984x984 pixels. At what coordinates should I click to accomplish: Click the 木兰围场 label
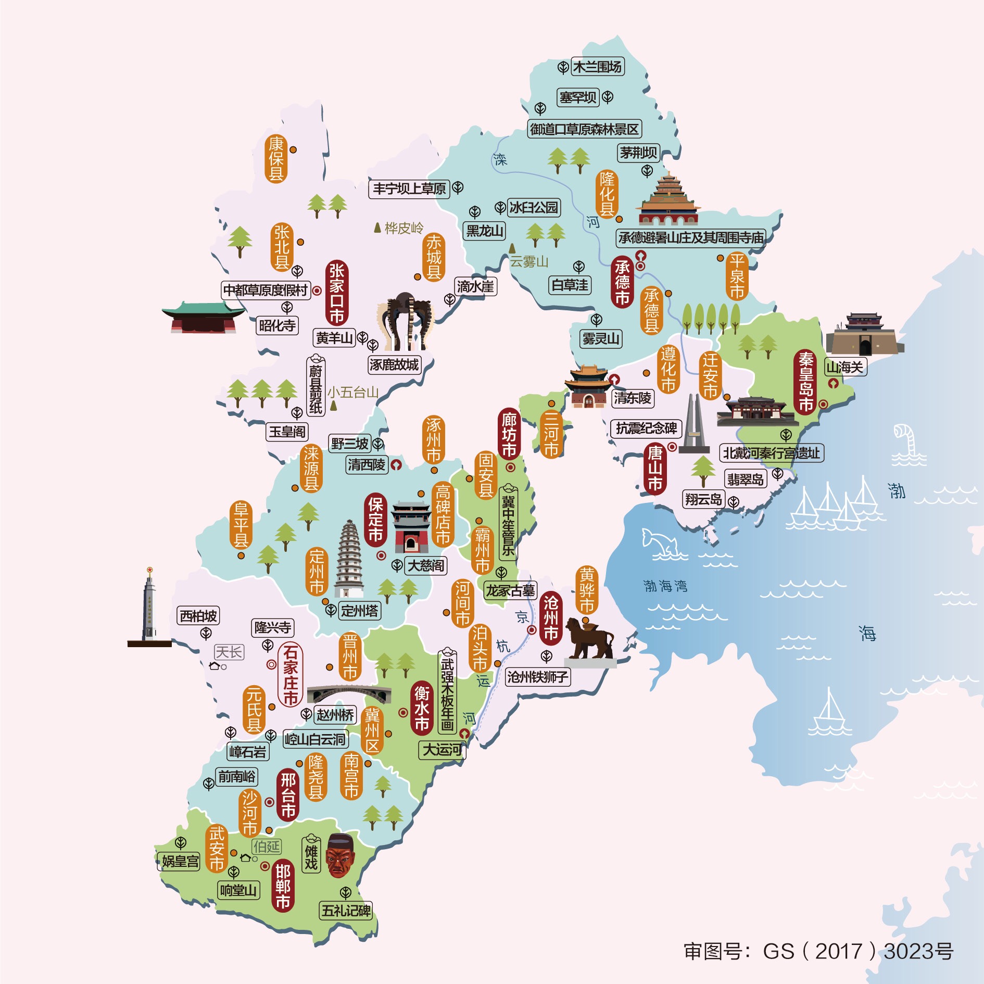[597, 67]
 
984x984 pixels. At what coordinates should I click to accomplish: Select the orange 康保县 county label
[276, 159]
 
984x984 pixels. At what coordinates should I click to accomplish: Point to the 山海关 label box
[844, 367]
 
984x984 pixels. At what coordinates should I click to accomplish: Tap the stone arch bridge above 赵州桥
[349, 694]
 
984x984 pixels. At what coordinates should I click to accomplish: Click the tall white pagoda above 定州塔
[349, 560]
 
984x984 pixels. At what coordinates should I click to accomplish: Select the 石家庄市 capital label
[290, 675]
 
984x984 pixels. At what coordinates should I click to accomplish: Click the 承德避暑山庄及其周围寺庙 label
[691, 238]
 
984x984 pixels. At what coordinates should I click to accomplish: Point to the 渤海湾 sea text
[665, 586]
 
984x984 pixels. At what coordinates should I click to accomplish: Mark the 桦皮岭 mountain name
[403, 228]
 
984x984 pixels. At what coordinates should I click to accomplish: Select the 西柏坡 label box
[198, 616]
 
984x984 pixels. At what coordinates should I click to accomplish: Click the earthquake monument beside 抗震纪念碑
[694, 424]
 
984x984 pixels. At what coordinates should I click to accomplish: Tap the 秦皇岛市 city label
[805, 382]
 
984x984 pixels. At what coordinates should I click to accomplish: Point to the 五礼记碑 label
[346, 911]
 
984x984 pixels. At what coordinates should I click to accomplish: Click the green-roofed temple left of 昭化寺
[203, 317]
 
